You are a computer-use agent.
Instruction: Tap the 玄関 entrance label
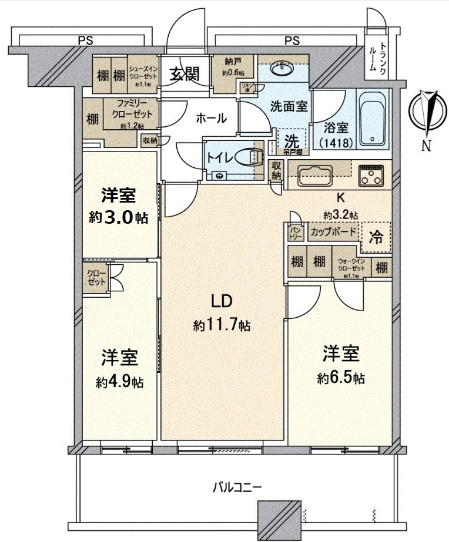[185, 74]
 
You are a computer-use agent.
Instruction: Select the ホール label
[211, 118]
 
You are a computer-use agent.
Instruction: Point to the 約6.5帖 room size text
[342, 379]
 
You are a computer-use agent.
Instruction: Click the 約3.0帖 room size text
[118, 217]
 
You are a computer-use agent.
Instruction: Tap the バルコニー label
[238, 487]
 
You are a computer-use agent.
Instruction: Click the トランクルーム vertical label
[376, 57]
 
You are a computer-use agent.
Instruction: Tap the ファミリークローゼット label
[130, 108]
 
